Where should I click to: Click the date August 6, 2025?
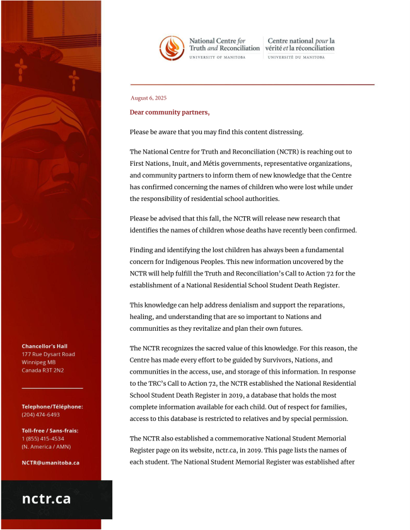click(148, 98)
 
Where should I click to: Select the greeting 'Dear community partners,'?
click(169, 112)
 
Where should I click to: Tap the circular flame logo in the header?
click(172, 48)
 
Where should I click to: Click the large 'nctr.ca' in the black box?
click(46, 499)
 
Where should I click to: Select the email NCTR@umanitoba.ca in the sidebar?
click(50, 463)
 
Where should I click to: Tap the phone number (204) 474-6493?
click(40, 415)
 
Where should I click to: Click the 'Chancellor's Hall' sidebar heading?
click(44, 346)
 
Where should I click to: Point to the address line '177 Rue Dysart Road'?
click(48, 354)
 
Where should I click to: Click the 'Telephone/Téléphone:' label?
click(52, 406)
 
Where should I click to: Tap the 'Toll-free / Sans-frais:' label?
click(50, 430)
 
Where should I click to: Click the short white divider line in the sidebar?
click(52, 388)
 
